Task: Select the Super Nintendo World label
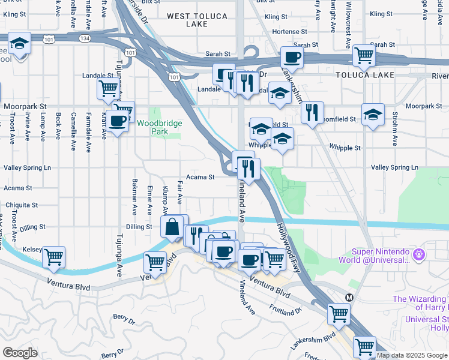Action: (x=372, y=255)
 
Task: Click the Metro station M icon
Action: (x=349, y=297)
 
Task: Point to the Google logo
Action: (x=20, y=353)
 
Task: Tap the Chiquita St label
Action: (x=22, y=204)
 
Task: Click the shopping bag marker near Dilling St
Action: (x=172, y=227)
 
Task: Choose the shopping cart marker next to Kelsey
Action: (x=54, y=257)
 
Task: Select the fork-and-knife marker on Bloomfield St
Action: (x=312, y=112)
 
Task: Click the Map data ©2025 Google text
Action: (x=411, y=355)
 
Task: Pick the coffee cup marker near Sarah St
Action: (x=292, y=58)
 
